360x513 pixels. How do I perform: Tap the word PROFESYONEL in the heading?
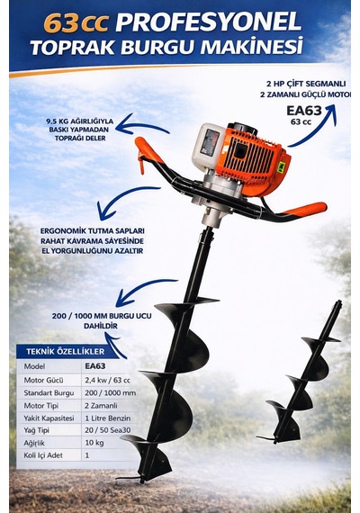tap(209, 22)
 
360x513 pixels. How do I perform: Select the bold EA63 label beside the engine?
tap(304, 111)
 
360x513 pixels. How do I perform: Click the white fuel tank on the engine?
tap(207, 147)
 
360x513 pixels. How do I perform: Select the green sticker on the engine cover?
tap(281, 167)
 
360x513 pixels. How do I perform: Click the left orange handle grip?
tap(148, 151)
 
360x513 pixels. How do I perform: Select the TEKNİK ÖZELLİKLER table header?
tap(66, 352)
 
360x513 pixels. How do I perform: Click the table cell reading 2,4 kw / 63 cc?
tap(107, 380)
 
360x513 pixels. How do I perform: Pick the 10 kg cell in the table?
tap(94, 443)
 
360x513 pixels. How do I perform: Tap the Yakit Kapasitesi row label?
tap(49, 418)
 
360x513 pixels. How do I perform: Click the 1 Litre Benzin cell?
tap(107, 418)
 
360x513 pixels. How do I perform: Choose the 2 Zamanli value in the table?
tap(101, 405)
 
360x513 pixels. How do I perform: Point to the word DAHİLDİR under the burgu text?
tap(101, 326)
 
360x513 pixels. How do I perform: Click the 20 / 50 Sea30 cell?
tap(107, 430)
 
